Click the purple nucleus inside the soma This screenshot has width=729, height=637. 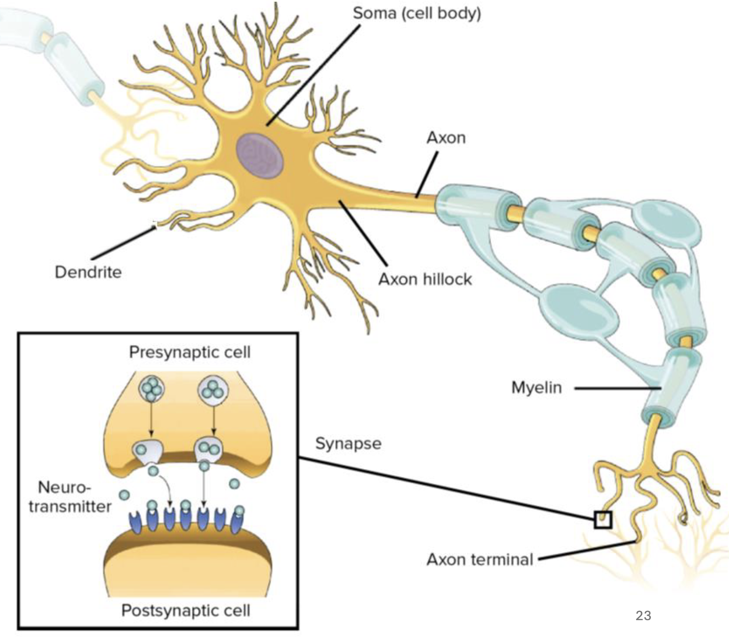click(259, 155)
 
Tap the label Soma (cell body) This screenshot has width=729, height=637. click(417, 13)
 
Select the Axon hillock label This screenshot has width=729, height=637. click(425, 279)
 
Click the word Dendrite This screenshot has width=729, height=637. click(88, 272)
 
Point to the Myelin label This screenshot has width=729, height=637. click(537, 387)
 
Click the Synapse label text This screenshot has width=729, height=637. click(348, 443)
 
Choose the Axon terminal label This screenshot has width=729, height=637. click(480, 559)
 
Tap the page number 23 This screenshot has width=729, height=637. click(643, 616)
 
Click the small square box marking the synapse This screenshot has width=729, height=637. click(603, 520)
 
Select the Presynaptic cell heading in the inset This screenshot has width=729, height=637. click(190, 352)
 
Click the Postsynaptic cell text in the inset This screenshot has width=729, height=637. click(186, 610)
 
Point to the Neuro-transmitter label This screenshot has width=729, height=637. click(70, 497)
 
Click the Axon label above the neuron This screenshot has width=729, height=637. click(446, 137)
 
